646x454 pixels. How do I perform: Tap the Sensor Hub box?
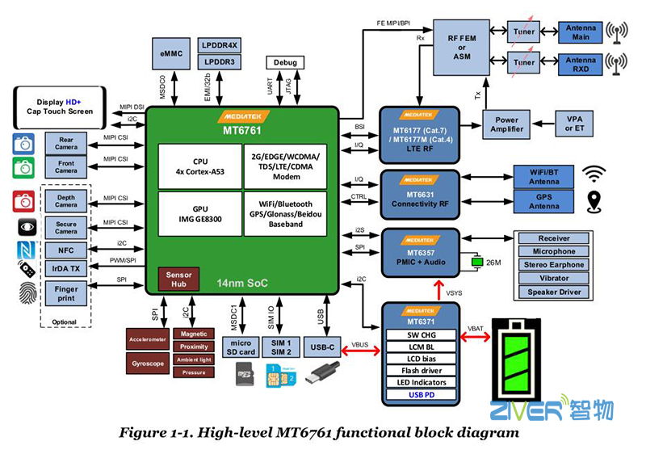(178, 280)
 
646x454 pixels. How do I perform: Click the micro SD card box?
(241, 347)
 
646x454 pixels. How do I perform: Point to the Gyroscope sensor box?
(149, 363)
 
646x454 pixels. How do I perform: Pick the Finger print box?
(66, 293)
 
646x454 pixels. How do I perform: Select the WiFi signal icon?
(595, 173)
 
